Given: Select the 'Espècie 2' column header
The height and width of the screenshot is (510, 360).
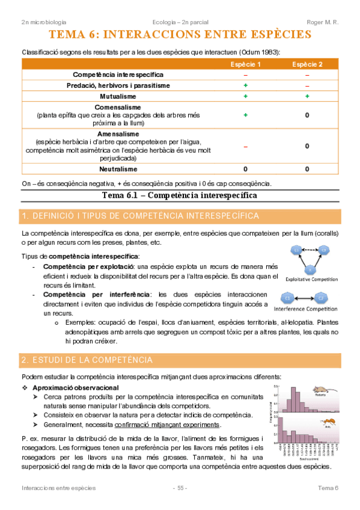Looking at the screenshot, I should pyautogui.click(x=307, y=64).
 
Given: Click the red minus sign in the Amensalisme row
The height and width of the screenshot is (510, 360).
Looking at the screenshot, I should pyautogui.click(x=245, y=146).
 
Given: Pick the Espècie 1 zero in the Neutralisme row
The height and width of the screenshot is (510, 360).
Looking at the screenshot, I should pyautogui.click(x=245, y=169).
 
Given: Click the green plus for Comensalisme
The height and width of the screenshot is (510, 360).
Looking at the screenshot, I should pyautogui.click(x=245, y=114).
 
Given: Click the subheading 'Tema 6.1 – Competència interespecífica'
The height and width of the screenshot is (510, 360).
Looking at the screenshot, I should pyautogui.click(x=180, y=195).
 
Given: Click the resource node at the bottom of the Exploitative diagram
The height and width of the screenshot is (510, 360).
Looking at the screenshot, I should pyautogui.click(x=310, y=269).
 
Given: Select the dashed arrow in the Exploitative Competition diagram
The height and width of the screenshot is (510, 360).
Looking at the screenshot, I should pyautogui.click(x=310, y=250).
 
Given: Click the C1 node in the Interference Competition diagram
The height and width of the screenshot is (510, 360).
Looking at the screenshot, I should pyautogui.click(x=288, y=298).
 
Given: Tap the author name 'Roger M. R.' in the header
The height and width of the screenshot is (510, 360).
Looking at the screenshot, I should pyautogui.click(x=323, y=22).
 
